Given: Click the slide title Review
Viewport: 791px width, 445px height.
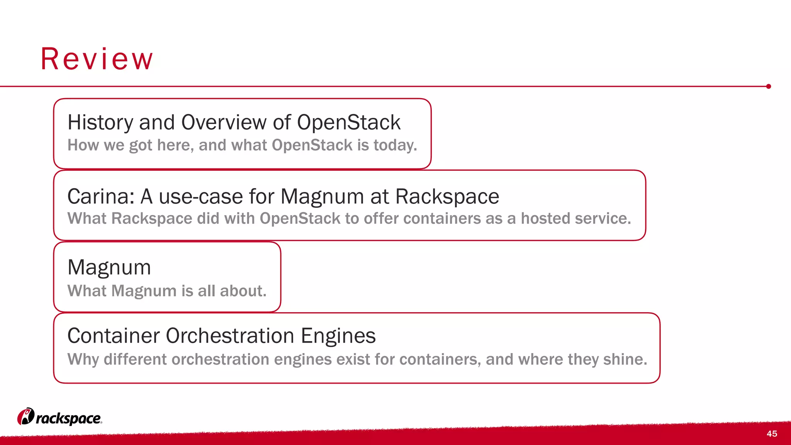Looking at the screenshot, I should click(97, 59).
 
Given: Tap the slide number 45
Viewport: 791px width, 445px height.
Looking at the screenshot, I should click(772, 434).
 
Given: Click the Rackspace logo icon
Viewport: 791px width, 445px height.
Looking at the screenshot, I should click(25, 416).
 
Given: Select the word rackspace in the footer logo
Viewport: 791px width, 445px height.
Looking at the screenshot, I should click(69, 419).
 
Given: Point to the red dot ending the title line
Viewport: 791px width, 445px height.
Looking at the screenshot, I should click(769, 87).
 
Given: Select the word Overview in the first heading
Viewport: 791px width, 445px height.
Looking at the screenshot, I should click(224, 123).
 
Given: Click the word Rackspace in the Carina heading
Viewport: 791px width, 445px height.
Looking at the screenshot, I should click(447, 197).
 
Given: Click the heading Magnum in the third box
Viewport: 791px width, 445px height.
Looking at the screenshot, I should click(109, 267).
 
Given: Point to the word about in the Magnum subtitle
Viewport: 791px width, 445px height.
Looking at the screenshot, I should click(243, 291).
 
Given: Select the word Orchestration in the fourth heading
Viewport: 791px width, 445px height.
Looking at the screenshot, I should click(230, 336).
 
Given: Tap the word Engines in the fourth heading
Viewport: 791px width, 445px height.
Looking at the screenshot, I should click(338, 336).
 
